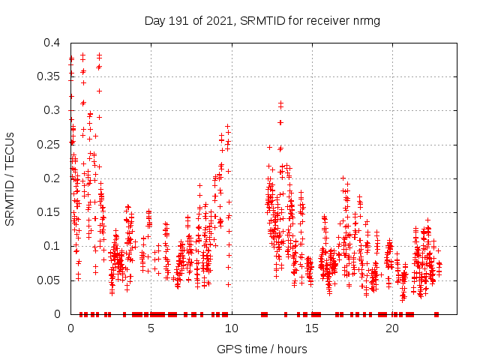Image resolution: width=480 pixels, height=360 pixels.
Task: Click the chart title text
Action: (x=262, y=20)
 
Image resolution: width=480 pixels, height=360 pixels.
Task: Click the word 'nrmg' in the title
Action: (x=364, y=20)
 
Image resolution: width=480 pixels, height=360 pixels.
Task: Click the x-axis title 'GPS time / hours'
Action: (x=262, y=349)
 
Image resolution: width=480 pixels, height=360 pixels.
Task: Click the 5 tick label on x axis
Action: (x=151, y=328)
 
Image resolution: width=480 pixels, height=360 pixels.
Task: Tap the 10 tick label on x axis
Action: (x=231, y=328)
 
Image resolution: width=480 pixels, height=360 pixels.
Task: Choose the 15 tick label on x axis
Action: (x=311, y=328)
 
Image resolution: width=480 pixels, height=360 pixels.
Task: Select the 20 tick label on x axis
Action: (x=391, y=328)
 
